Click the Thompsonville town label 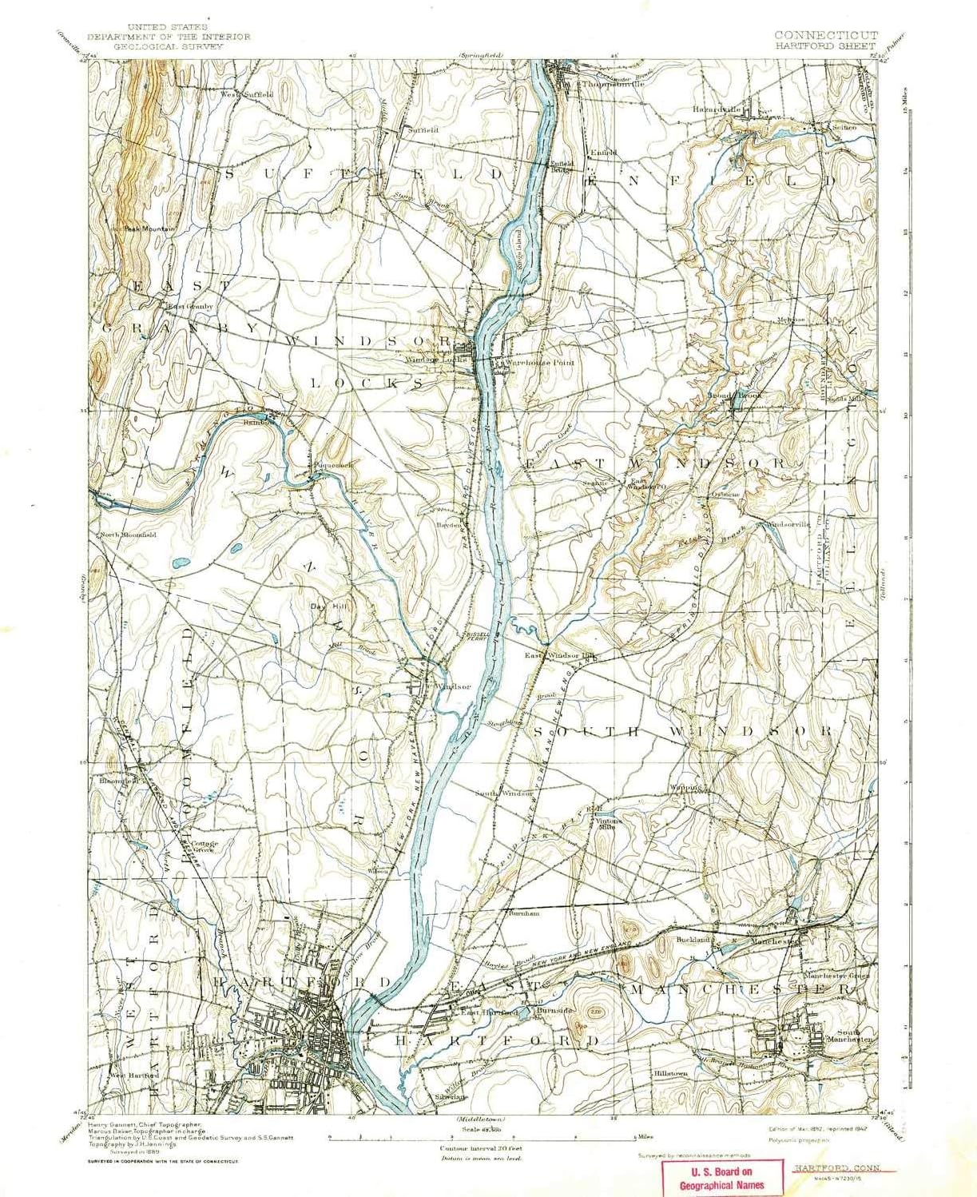point(613,84)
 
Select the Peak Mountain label point(148,229)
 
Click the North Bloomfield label point(128,535)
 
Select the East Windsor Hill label point(561,656)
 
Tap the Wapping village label point(685,787)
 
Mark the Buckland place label point(693,940)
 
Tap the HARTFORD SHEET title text point(825,46)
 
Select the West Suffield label point(247,94)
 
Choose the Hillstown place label point(670,1073)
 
